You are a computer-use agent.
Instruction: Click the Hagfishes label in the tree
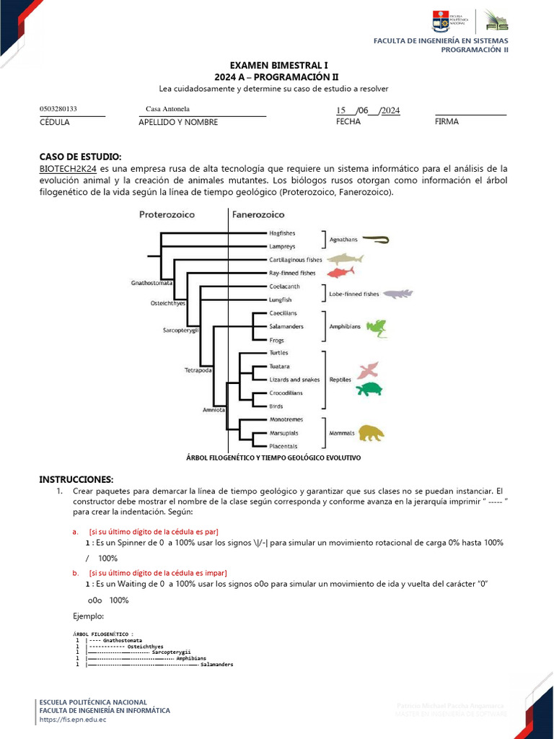tap(283, 233)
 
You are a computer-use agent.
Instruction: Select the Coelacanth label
tap(283, 287)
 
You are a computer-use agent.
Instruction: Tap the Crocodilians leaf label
tap(286, 393)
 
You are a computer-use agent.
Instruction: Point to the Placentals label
tap(284, 446)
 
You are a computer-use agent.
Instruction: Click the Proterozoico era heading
tap(167, 214)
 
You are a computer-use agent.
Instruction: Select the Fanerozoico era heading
tap(258, 214)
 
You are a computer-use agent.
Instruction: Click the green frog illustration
tap(376, 328)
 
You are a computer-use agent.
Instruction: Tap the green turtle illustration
tap(370, 390)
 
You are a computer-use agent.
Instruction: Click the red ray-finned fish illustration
tap(340, 272)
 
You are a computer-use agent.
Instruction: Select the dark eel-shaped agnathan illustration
tap(375, 239)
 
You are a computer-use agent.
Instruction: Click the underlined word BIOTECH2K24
tap(68, 168)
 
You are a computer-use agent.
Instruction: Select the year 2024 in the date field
tap(390, 110)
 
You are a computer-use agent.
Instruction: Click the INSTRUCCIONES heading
tap(76, 479)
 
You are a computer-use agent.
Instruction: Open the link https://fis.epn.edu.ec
tap(73, 720)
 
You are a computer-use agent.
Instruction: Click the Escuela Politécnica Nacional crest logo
tap(440, 21)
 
